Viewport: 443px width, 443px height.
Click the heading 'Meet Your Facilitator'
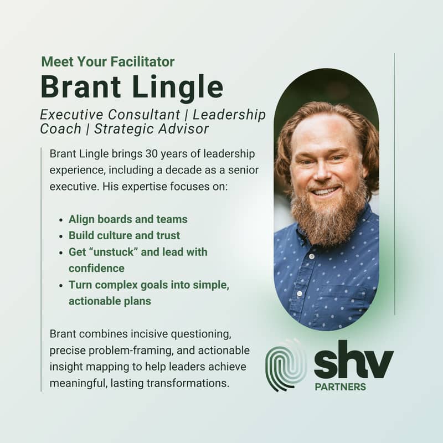click(108, 62)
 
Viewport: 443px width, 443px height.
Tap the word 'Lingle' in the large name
click(178, 87)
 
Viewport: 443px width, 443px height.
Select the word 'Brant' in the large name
click(81, 86)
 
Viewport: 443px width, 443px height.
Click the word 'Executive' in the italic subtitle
click(72, 115)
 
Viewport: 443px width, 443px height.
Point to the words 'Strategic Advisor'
click(151, 129)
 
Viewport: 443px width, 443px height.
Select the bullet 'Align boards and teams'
click(128, 219)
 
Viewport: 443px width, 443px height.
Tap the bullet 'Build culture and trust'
click(124, 235)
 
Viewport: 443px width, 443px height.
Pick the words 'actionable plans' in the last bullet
click(110, 301)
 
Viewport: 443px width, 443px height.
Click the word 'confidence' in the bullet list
click(96, 269)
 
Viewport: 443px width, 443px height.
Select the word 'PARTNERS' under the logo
click(341, 387)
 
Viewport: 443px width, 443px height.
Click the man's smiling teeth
click(325, 192)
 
